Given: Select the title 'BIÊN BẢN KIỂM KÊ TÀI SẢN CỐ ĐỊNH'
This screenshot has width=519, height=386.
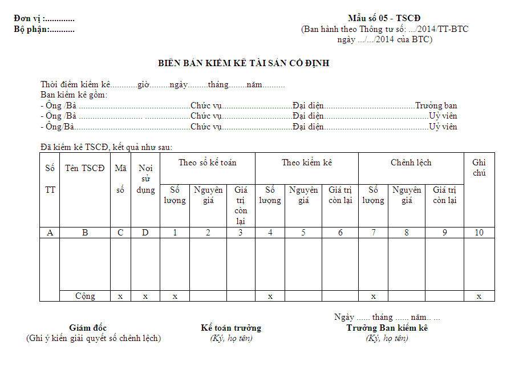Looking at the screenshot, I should [244, 63].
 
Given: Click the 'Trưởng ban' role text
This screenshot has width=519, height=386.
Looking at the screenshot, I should [436, 105].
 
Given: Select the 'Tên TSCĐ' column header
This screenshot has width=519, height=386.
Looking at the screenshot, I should [85, 168].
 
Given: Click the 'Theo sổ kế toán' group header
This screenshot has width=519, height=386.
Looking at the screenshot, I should [207, 162].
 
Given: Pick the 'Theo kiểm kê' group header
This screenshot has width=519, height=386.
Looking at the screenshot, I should [306, 162].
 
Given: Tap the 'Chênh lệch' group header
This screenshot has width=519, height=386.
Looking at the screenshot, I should [411, 162].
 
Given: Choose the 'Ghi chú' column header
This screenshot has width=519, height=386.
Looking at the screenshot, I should [479, 168].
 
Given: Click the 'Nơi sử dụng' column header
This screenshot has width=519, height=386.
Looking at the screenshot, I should [145, 179].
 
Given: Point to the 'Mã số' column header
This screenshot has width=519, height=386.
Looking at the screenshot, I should [120, 179].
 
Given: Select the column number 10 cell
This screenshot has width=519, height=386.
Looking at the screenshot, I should [479, 232].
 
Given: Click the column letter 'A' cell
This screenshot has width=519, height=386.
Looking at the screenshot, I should [50, 232].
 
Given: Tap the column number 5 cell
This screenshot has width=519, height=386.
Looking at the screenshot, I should [303, 232].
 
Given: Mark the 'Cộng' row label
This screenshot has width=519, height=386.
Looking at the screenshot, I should [85, 296].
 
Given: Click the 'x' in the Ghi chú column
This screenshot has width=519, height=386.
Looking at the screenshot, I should [479, 296].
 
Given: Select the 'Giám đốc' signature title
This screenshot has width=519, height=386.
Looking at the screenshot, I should [88, 328].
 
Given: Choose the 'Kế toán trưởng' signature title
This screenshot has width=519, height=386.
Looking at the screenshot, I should [231, 328].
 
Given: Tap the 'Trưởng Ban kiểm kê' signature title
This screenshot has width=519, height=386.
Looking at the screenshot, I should [387, 328].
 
